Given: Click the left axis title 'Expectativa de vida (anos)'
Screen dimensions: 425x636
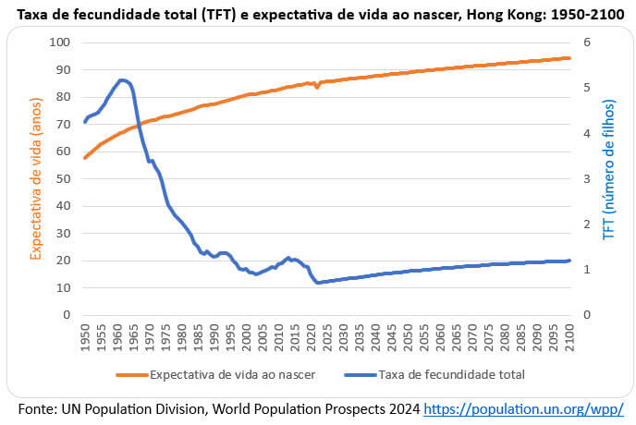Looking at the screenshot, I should (36, 178).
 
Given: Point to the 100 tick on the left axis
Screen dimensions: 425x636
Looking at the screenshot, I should (61, 42).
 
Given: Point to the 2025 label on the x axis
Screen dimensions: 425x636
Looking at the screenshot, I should (327, 338).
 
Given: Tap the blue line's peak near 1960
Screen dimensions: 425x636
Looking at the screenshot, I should (121, 80).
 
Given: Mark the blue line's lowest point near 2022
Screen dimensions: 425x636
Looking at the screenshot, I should (318, 283).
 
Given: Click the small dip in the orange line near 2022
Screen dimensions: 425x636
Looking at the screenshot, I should (317, 87).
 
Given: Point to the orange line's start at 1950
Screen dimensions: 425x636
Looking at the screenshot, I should (85, 158).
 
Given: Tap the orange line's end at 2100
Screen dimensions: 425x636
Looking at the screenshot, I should (569, 58).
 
